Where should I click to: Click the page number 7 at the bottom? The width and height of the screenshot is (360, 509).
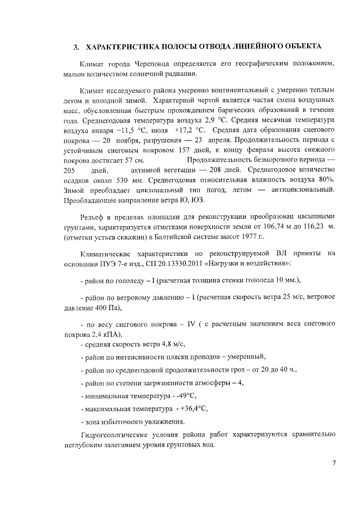[334, 463]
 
